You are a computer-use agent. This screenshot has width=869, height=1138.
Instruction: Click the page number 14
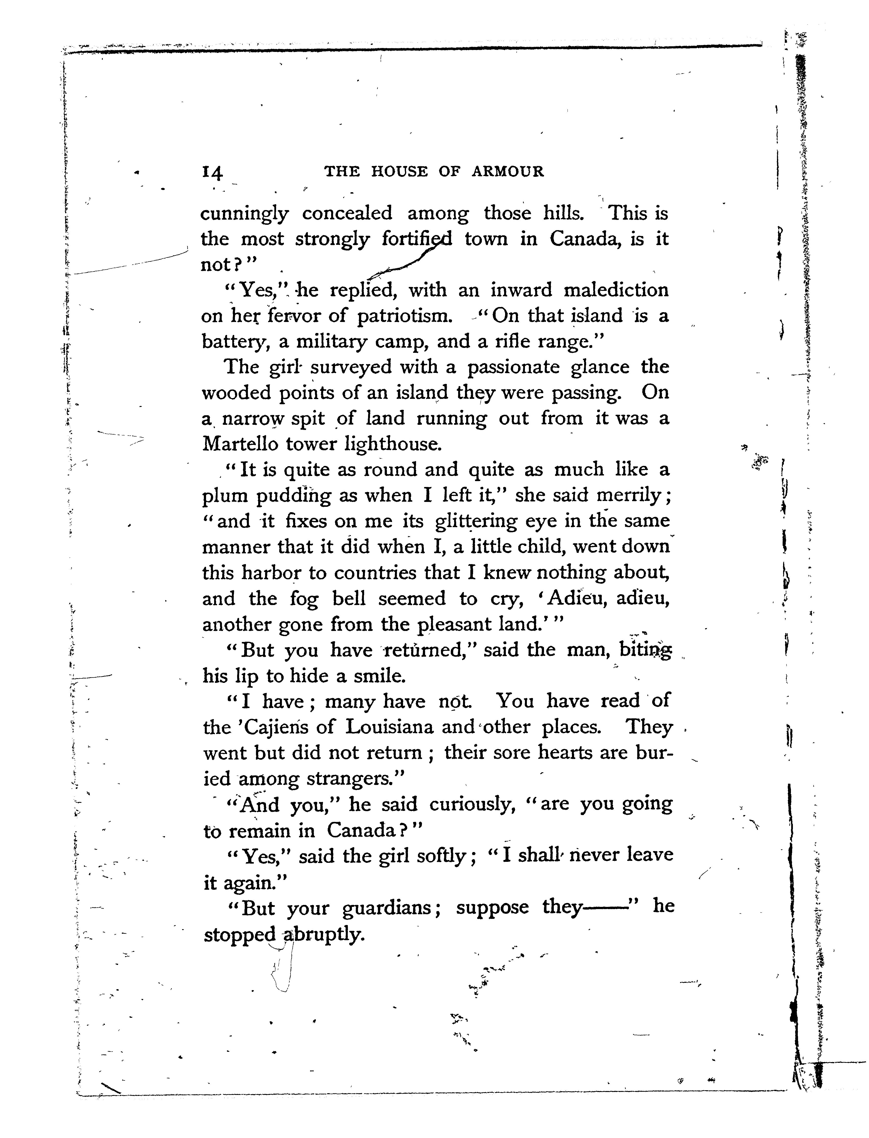pos(213,172)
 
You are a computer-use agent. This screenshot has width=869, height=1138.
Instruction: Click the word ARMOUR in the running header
pos(508,171)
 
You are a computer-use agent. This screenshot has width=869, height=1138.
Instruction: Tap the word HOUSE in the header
pos(399,171)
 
